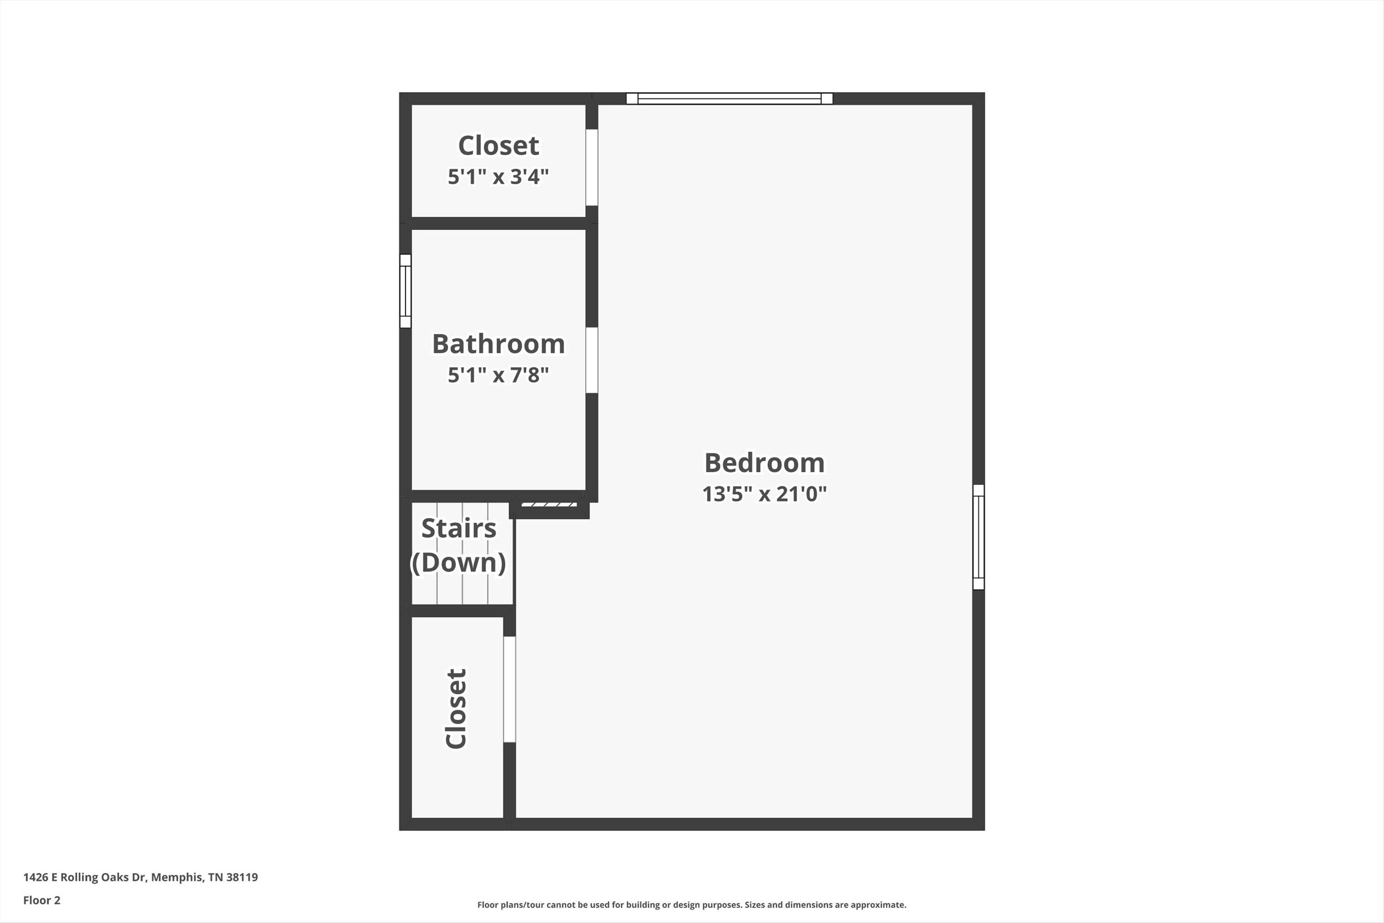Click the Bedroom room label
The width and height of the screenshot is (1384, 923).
pos(765,463)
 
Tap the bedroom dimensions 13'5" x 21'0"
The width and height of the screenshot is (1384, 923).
pos(765,494)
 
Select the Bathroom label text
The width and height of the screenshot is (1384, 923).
pos(498,344)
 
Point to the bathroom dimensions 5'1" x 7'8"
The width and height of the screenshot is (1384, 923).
pos(498,375)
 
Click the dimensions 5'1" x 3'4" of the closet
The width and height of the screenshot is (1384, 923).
pos(498,177)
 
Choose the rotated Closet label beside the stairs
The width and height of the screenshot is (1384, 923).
pos(456,709)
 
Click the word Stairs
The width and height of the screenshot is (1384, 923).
pos(459,529)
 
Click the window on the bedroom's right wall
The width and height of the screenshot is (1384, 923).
pos(979,537)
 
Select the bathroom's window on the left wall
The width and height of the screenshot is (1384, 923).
pos(405,291)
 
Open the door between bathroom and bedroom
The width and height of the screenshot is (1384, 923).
pos(592,360)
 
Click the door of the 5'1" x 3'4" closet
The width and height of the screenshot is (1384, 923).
pos(592,168)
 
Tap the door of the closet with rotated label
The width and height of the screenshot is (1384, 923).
pos(510,689)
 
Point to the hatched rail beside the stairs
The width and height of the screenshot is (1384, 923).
pos(549,504)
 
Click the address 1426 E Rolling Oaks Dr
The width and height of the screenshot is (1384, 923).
pos(84,877)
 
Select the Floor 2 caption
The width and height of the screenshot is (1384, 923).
pos(42,900)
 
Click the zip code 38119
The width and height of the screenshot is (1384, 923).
pos(242,877)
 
